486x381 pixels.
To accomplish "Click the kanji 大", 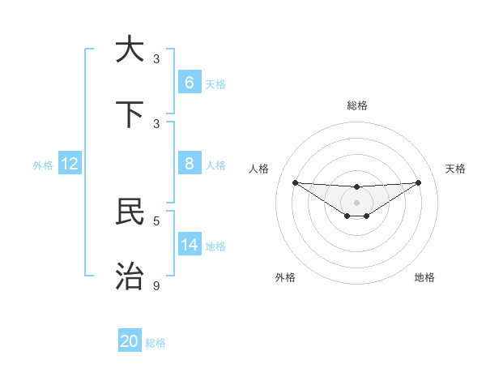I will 130,49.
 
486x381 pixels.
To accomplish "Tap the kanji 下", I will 130,114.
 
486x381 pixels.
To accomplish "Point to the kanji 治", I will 130,276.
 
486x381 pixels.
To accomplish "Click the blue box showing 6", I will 190,83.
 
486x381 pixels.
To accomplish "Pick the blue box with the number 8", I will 190,164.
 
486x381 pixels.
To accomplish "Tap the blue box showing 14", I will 190,245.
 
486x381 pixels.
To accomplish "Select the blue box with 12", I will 70,164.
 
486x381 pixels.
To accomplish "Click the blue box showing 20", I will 130,341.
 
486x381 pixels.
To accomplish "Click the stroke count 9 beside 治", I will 157,285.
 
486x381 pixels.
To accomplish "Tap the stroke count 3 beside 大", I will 157,59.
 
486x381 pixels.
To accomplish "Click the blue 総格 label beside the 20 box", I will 156,343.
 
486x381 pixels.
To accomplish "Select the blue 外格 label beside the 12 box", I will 43,165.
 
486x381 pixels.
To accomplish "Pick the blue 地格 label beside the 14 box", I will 215,246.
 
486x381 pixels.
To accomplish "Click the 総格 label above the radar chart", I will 357,105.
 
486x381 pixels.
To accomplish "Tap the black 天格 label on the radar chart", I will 456,169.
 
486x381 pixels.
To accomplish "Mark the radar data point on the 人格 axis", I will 295,182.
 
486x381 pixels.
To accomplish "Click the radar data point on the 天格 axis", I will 419,182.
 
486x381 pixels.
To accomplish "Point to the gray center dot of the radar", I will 356,202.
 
